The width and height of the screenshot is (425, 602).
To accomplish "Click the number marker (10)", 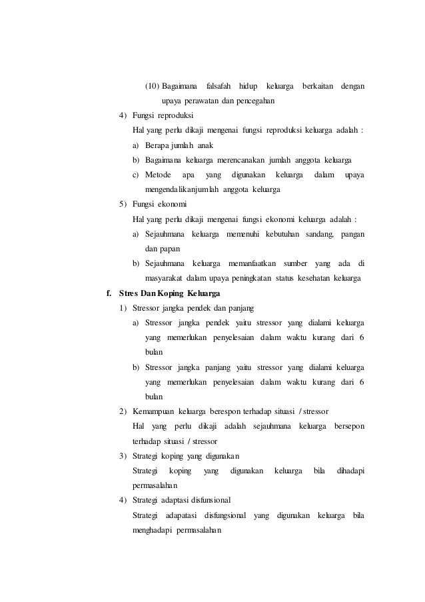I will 153,87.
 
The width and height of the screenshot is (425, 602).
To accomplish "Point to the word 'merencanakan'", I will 239,160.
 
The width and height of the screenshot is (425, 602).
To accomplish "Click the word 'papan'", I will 175,248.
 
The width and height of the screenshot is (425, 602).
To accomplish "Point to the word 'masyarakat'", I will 165,277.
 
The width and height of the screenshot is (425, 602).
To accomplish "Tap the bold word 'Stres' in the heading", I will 129,293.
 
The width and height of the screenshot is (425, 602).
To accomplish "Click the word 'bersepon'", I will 348,424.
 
